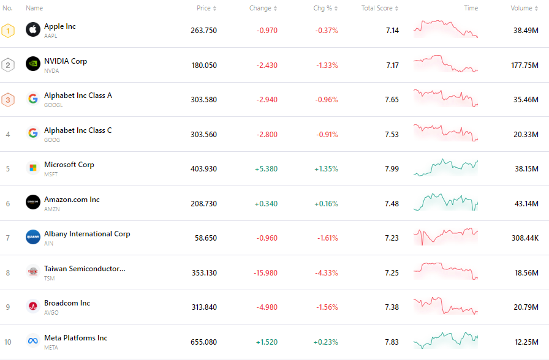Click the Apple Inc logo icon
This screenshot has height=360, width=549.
[x=33, y=29]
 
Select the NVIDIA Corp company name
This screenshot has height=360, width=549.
[x=66, y=61]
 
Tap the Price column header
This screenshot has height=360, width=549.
[x=203, y=8]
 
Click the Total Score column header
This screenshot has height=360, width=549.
[x=377, y=8]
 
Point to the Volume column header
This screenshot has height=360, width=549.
[x=521, y=8]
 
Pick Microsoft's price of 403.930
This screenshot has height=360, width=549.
[x=203, y=168]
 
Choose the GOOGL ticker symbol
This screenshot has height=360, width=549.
[x=53, y=105]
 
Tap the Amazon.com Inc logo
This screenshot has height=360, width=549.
[x=33, y=203]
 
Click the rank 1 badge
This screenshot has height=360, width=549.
[x=8, y=31]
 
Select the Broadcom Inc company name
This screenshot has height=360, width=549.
[x=67, y=303]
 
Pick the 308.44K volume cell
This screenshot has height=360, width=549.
[x=525, y=238]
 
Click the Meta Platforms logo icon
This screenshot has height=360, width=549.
[x=33, y=341]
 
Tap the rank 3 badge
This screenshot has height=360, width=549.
[x=8, y=100]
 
